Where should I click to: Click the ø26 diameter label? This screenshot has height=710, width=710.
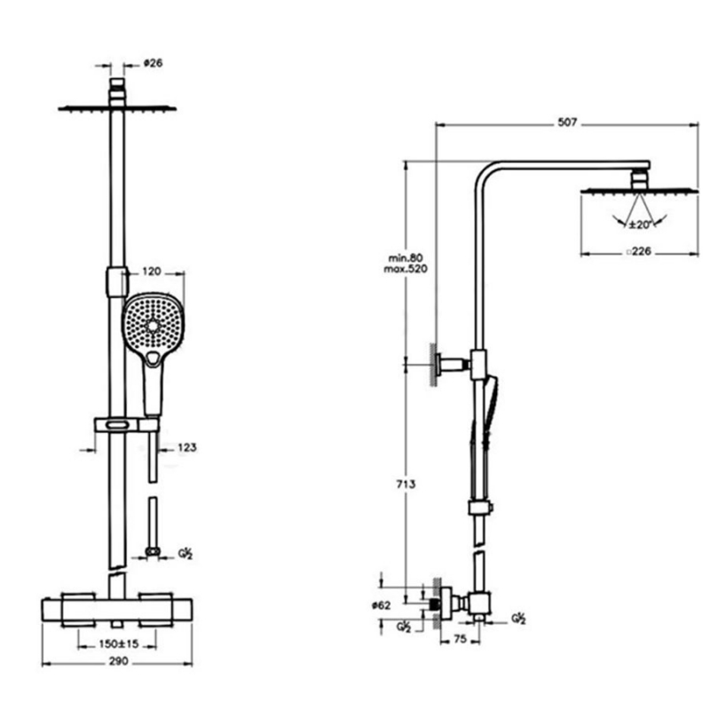tap(153, 63)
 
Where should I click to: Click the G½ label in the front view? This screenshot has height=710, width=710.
tap(185, 554)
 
